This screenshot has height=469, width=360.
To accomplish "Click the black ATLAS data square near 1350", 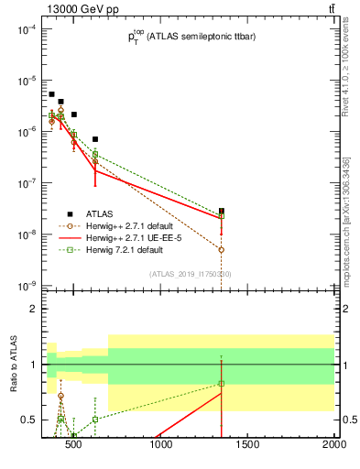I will (x=222, y=211).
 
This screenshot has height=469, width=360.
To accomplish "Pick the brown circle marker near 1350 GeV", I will (x=222, y=249).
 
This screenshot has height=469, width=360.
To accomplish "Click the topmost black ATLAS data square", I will (x=51, y=94).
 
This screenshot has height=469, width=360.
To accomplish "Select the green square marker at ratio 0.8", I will (x=222, y=383).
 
